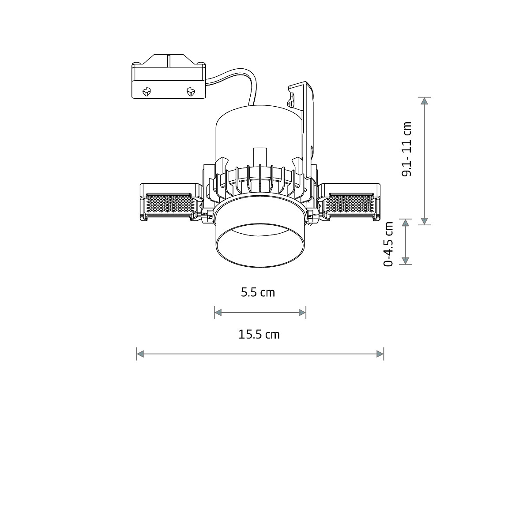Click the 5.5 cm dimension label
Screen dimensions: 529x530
(x=258, y=292)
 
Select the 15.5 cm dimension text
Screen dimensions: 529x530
(x=259, y=335)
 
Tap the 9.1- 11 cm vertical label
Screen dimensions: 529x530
(x=406, y=149)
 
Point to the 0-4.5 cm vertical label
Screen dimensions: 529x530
(x=389, y=244)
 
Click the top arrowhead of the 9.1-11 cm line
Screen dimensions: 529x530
(x=424, y=101)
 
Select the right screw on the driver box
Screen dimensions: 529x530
(x=191, y=92)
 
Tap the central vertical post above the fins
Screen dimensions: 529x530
(x=259, y=157)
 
